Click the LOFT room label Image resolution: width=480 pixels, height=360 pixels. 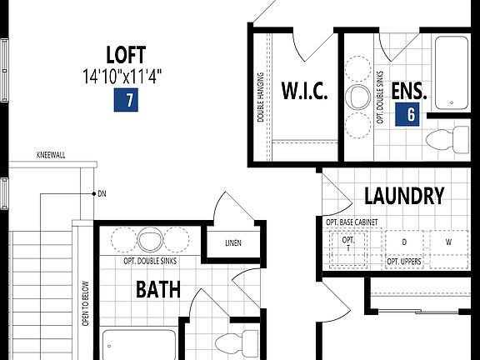[x=126, y=55]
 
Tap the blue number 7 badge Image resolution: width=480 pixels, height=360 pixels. [x=126, y=101]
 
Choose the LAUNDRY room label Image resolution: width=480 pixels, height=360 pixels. [x=404, y=196]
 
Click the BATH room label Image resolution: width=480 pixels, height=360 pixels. [x=158, y=291]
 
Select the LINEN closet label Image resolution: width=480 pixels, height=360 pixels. [x=232, y=244]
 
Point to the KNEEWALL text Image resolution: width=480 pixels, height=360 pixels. [x=52, y=155]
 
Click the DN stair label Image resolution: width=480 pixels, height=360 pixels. [x=102, y=194]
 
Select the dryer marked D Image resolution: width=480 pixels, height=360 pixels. [x=404, y=242]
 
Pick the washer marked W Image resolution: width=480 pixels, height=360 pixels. [x=447, y=242]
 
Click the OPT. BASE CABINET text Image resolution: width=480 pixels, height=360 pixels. [x=352, y=222]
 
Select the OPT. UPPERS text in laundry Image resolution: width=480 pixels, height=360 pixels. [x=403, y=262]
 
